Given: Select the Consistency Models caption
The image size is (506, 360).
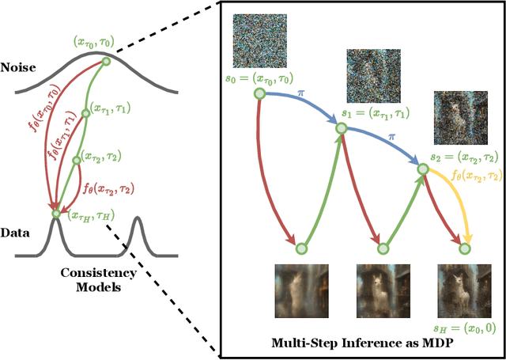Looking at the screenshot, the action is coord(99,280).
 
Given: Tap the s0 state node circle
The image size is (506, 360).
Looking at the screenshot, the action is coord(259,94).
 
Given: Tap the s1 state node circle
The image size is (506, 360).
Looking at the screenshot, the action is coord(342,126).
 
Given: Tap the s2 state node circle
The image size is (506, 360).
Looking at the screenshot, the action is coord(423,169).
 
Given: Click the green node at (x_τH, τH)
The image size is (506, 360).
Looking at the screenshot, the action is coord(55,213).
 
